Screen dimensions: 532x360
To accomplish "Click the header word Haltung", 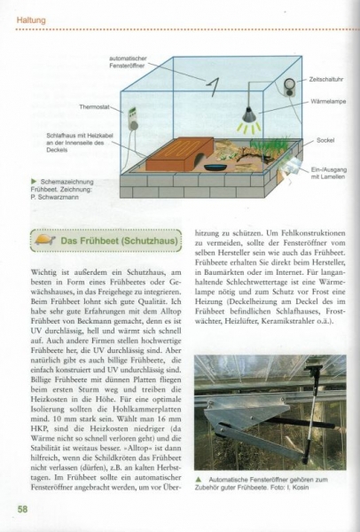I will coord(28,10).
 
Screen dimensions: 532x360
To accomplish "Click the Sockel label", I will coord(325,140).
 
